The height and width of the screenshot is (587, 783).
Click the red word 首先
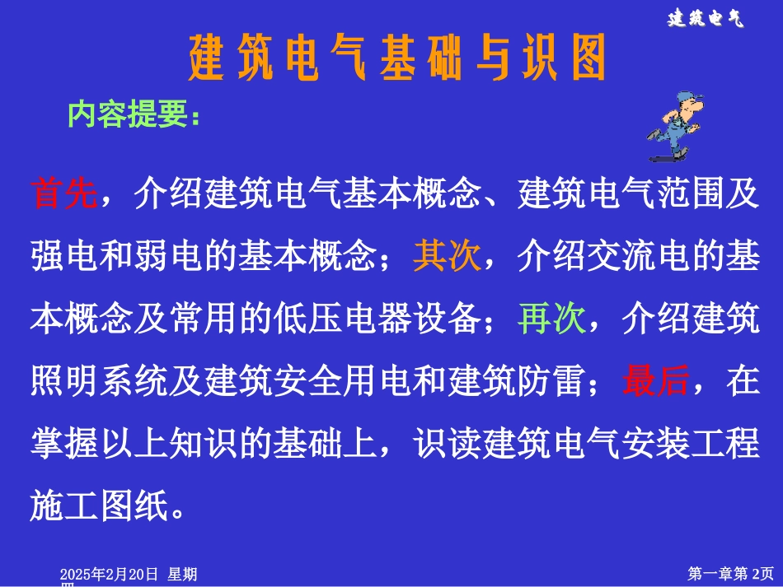pyautogui.click(x=64, y=194)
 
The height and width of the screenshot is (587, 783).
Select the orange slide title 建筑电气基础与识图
pyautogui.click(x=397, y=58)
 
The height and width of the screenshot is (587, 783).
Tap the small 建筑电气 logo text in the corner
pyautogui.click(x=705, y=19)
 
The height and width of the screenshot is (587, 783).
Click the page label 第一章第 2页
pyautogui.click(x=730, y=573)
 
